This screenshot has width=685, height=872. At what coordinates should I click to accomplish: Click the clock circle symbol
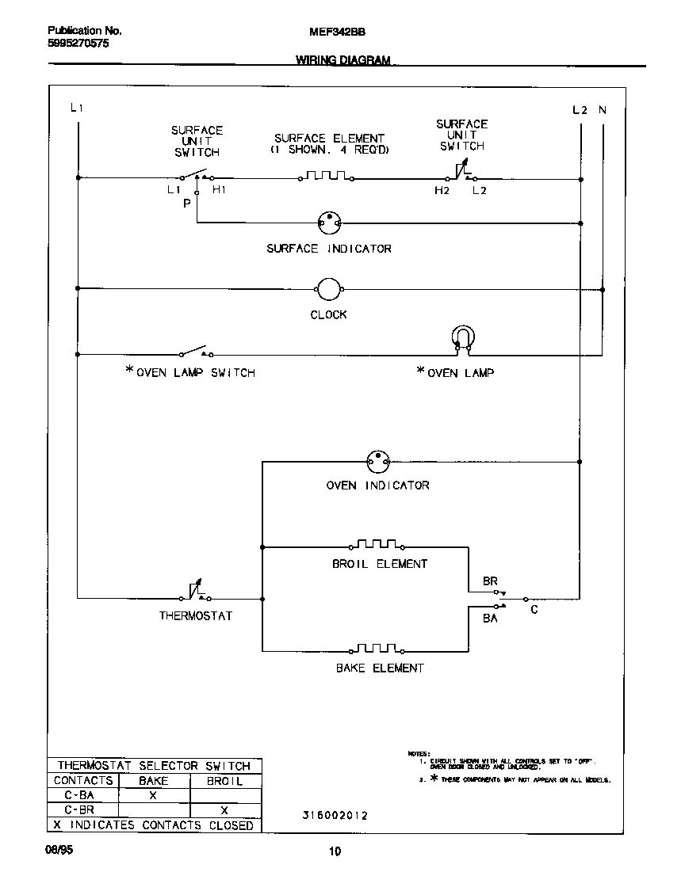point(328,290)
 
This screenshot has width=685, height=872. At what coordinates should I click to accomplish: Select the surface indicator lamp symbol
point(328,223)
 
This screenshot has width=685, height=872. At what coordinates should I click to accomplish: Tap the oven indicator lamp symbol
point(378,460)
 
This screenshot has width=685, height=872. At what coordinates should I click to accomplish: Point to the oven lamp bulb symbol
point(461,337)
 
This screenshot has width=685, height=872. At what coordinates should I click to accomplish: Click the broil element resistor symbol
point(377,545)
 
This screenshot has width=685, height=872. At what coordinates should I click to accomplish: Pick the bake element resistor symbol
point(377,649)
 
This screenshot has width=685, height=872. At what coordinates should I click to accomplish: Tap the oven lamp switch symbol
point(194,352)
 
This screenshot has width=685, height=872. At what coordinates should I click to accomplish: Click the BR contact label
point(491,581)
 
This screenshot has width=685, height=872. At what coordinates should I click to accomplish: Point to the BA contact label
point(491,618)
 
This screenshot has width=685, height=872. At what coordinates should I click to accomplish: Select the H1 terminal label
point(219,190)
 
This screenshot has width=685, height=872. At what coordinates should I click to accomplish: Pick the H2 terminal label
point(442,191)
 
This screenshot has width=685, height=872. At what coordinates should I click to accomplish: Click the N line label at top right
point(602,110)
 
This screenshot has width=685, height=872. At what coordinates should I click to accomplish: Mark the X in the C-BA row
point(153,795)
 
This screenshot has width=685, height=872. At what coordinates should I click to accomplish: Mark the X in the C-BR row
point(224,810)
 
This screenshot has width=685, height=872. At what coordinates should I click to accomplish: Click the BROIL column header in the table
point(224,781)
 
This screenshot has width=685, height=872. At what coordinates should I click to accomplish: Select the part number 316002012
point(334,815)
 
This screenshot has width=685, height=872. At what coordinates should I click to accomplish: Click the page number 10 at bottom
point(335,852)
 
